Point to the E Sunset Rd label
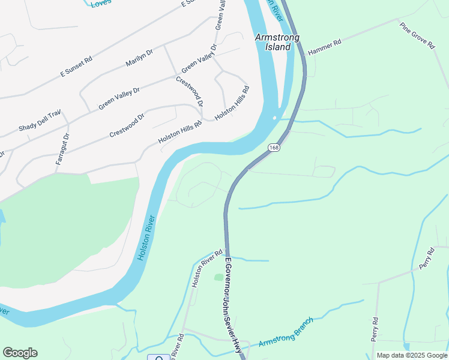[x=76, y=66]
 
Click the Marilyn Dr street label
[x=139, y=58]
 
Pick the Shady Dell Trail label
[x=40, y=125]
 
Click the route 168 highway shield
[x=274, y=148]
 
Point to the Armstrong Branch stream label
[x=286, y=332]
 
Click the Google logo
[x=20, y=353]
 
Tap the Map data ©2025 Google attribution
[x=411, y=355]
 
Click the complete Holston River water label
[x=147, y=238]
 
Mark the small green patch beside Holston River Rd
[x=218, y=277]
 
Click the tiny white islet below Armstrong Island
[x=274, y=118]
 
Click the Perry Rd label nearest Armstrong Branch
[x=375, y=329]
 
